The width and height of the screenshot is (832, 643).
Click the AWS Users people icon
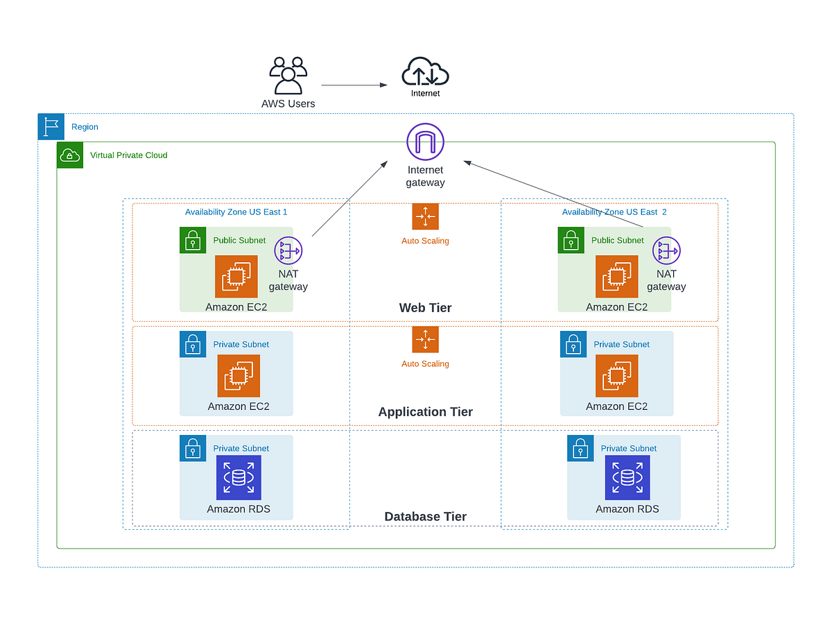click(288, 76)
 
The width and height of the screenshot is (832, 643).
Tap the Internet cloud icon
click(425, 72)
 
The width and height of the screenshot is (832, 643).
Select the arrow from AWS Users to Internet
click(354, 85)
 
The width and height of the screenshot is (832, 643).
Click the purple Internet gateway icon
click(425, 142)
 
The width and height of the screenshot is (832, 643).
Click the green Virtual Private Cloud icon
click(70, 155)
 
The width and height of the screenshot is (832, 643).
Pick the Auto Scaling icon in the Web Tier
click(425, 216)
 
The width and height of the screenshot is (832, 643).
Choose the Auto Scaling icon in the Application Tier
click(425, 340)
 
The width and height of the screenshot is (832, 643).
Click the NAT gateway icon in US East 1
click(288, 250)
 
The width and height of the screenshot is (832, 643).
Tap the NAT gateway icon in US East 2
click(667, 250)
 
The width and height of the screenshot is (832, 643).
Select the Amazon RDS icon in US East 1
click(239, 478)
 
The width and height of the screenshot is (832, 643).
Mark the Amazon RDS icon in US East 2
click(627, 478)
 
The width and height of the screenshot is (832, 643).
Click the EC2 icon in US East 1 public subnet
click(236, 277)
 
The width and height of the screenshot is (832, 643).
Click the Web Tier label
click(425, 308)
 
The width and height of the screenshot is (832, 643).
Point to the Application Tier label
click(425, 412)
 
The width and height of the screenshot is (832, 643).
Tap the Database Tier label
click(425, 517)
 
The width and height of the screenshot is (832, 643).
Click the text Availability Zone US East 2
click(614, 212)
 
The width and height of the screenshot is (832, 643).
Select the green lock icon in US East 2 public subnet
click(571, 241)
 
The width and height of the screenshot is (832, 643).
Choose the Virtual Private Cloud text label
click(129, 155)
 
